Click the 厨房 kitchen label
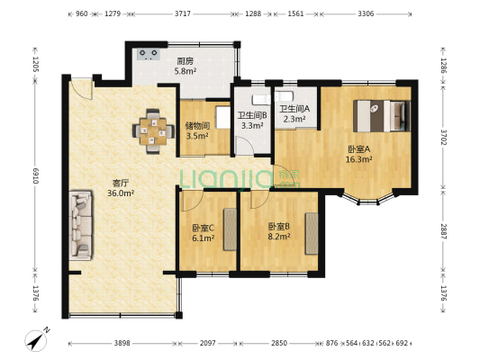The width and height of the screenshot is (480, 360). tap(185, 61)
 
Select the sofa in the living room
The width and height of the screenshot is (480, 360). tap(80, 224)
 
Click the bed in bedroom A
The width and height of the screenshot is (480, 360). tap(382, 114)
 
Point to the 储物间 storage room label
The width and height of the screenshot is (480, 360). tap(197, 125)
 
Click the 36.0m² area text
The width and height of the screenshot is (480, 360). tap(121, 193)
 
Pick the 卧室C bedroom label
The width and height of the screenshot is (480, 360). tap(203, 228)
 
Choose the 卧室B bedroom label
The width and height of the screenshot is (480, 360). tap(278, 226)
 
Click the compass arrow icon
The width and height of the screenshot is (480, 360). tap(37, 341)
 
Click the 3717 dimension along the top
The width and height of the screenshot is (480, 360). tap(183, 14)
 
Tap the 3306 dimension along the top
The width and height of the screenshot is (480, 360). tap(367, 14)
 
